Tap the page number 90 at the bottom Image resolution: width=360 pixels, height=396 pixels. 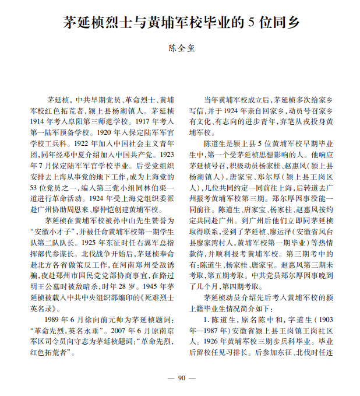pos(180,379)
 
